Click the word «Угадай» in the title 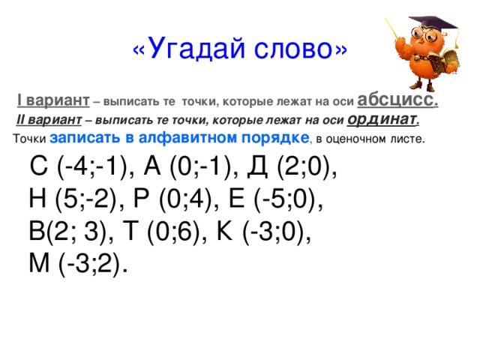[x=191, y=49]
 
